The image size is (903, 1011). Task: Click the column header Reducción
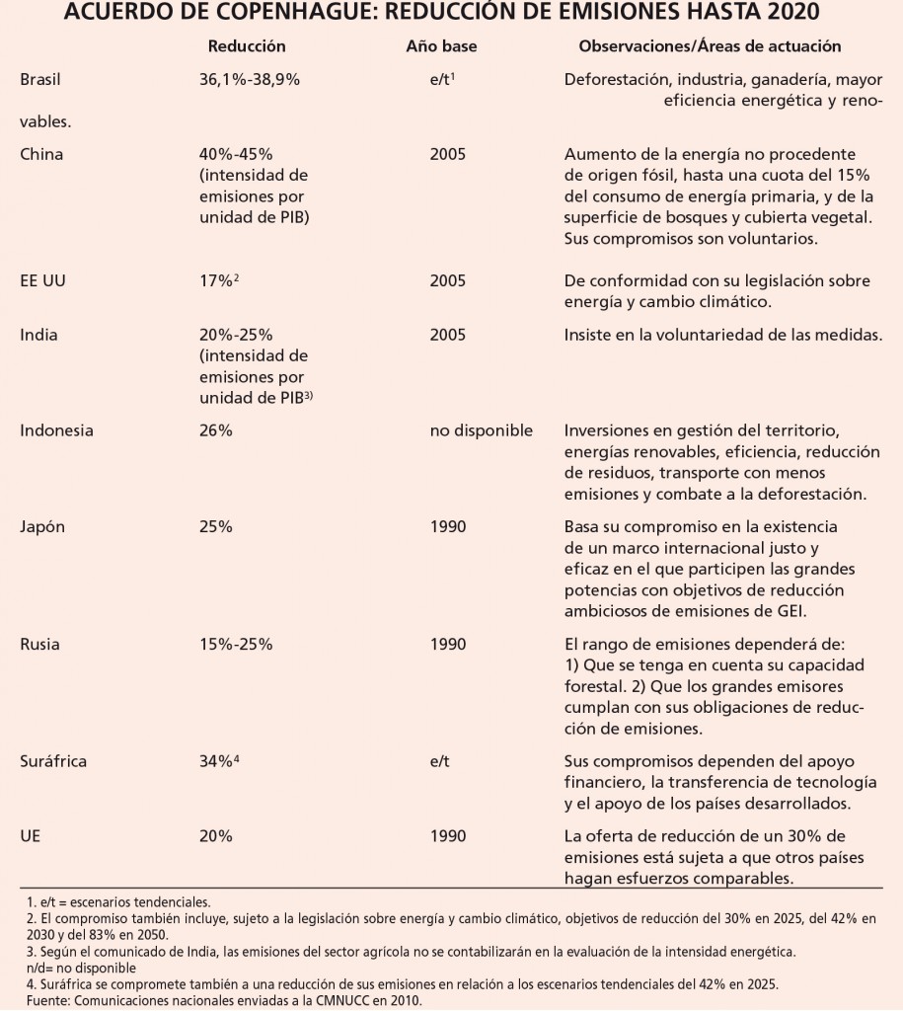(x=247, y=46)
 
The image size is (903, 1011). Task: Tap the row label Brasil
(x=40, y=82)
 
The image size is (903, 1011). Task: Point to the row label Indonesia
(x=56, y=429)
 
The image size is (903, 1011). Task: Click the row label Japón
(x=42, y=526)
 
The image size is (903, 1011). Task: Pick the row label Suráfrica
(x=53, y=760)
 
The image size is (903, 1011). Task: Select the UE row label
(x=30, y=835)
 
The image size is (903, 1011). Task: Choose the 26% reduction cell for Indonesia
(x=215, y=429)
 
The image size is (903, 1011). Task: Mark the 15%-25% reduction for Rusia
(x=236, y=645)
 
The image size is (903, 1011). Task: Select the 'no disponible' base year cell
(x=481, y=429)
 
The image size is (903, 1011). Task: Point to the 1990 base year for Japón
(x=448, y=526)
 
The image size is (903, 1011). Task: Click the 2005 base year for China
(x=448, y=155)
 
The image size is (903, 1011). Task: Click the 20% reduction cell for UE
(x=215, y=835)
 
